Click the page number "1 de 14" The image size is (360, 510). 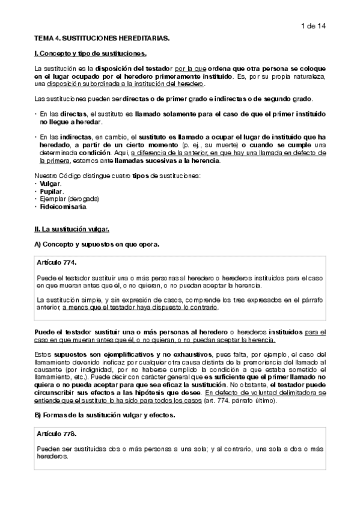coord(311,25)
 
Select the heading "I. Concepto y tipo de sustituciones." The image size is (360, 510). coord(87,54)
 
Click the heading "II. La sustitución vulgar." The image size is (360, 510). coord(72,229)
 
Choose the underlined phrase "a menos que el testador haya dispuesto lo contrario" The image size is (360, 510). coord(141,307)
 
